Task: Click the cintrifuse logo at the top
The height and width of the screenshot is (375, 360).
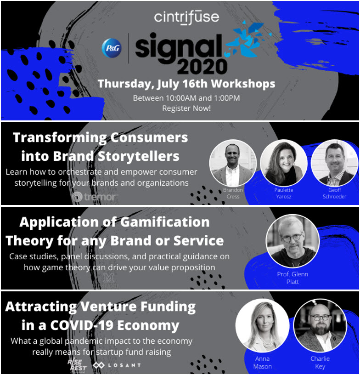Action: [186, 17]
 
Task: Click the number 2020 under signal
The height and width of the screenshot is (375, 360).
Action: [202, 66]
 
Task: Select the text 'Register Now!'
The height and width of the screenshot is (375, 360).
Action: [186, 108]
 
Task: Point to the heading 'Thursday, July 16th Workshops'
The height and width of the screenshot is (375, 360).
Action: [186, 84]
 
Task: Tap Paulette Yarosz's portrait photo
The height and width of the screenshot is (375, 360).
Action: [283, 163]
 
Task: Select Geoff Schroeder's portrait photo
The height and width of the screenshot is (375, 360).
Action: [334, 163]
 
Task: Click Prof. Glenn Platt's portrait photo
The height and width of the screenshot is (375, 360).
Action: [292, 241]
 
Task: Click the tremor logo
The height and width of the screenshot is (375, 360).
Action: [95, 197]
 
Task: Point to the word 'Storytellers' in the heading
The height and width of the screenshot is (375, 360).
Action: [137, 156]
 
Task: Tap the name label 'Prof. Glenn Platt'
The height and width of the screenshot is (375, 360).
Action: [292, 278]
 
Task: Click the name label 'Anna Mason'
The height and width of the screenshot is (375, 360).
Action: [262, 363]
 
